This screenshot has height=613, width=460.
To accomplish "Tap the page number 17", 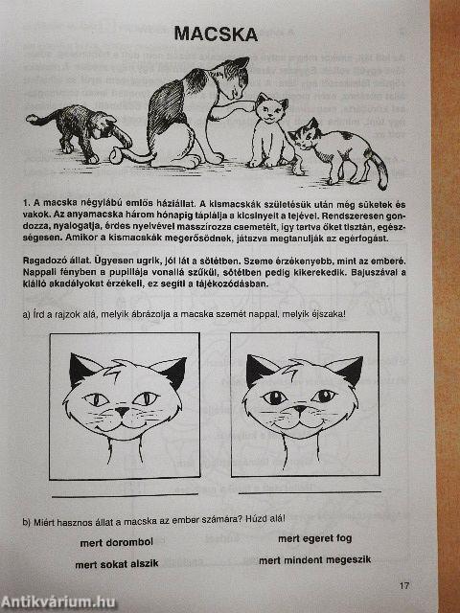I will coord(404,586).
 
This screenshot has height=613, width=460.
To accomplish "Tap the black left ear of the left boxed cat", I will coord(84,368).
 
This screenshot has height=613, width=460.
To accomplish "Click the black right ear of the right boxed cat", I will coord(347,369).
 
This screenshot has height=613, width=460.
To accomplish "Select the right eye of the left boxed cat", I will coord(148,397).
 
